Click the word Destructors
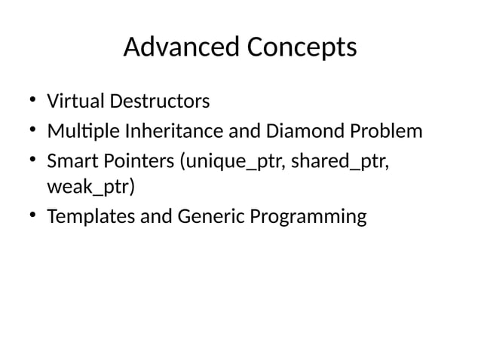click(x=160, y=100)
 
